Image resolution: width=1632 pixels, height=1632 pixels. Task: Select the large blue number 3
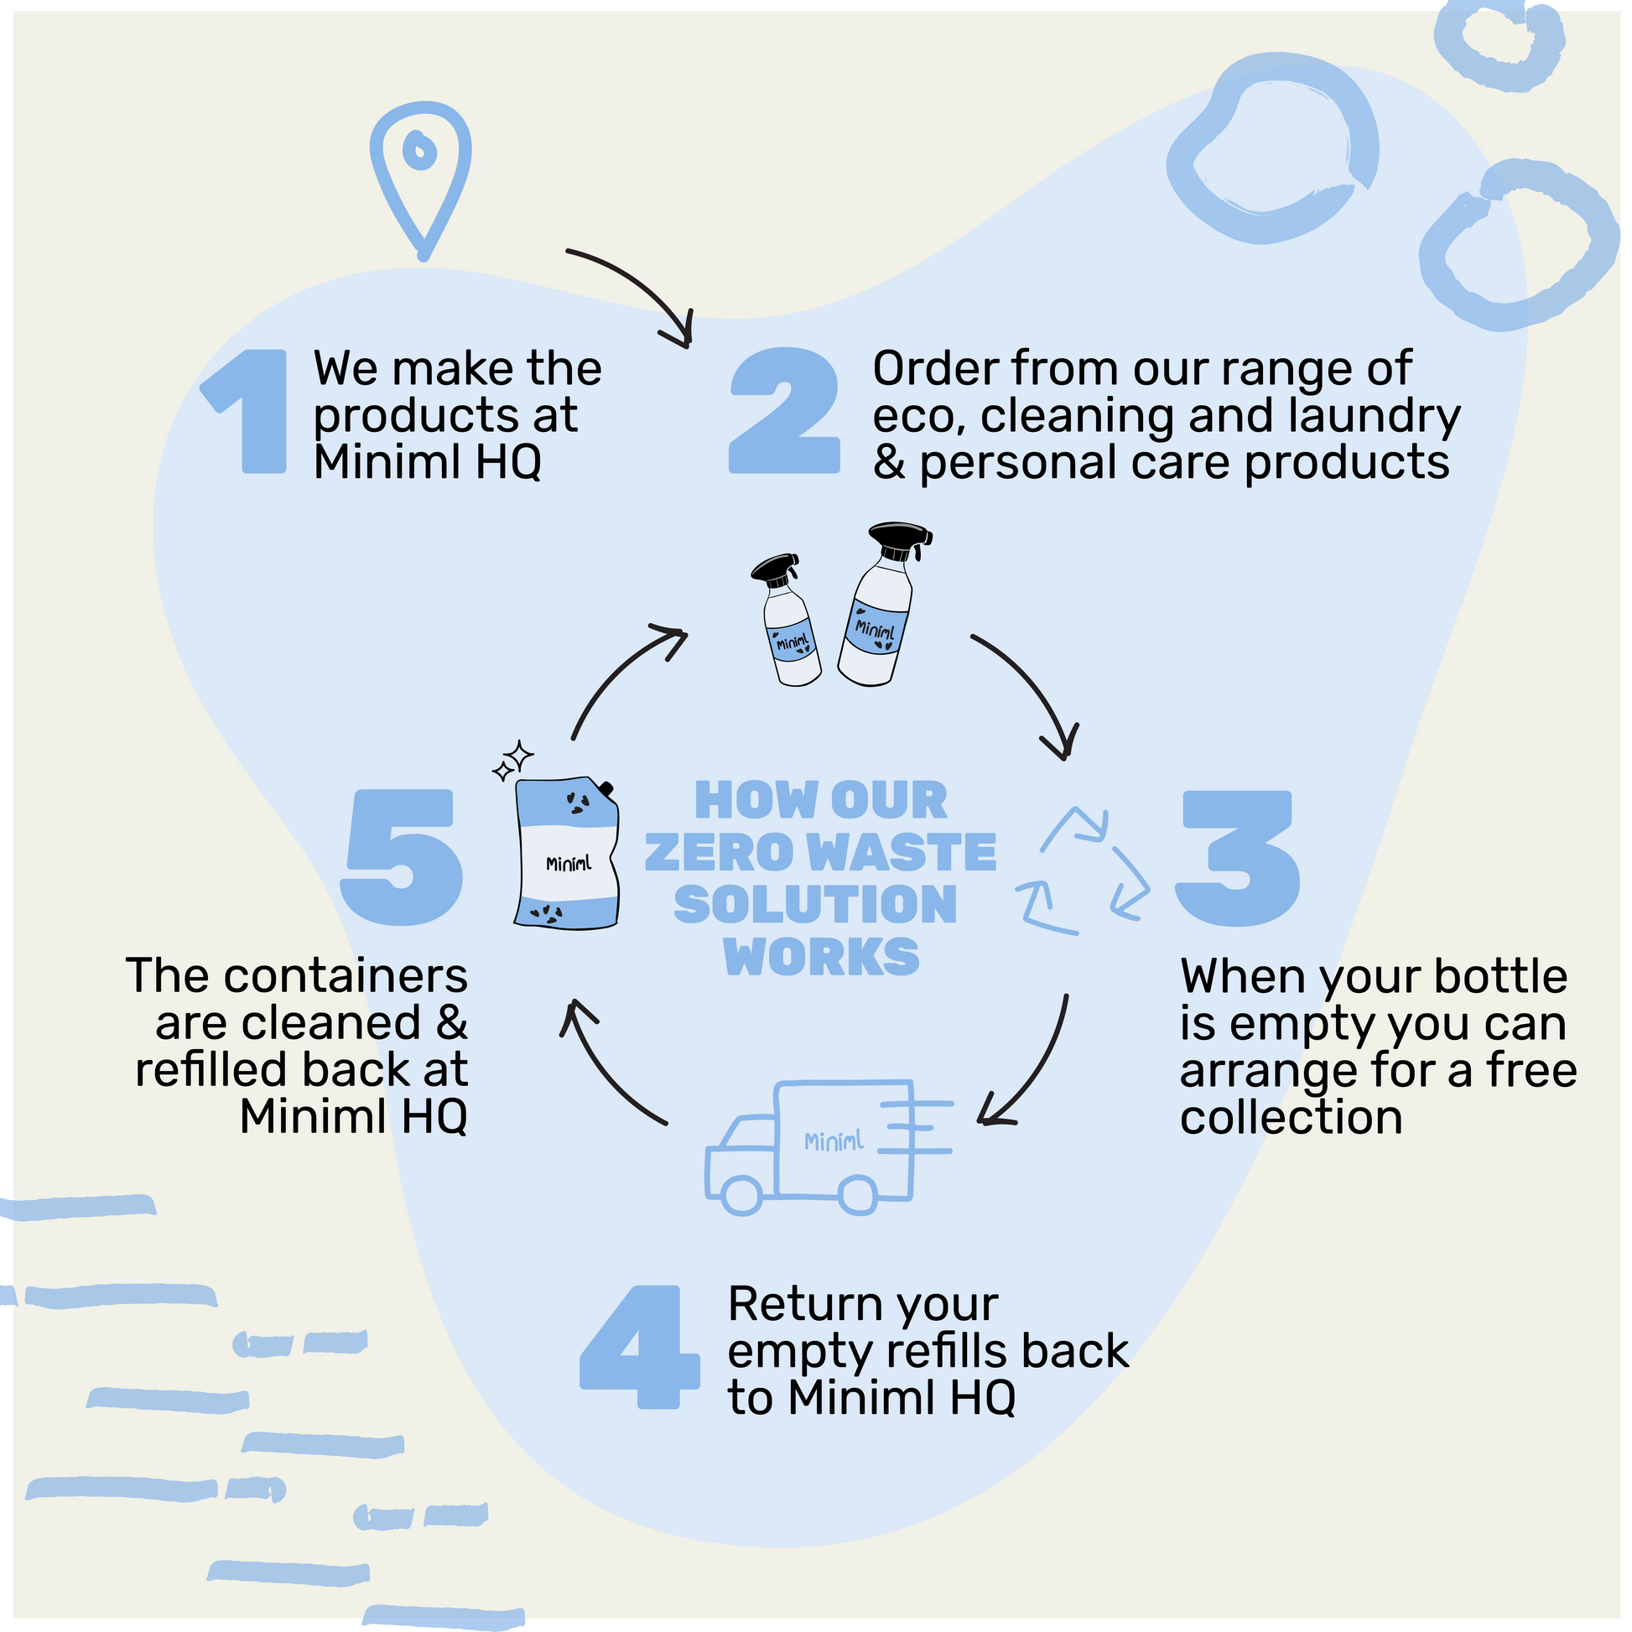(1238, 857)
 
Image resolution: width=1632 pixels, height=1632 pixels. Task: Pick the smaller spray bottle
(787, 621)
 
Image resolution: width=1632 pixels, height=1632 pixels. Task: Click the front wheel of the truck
(742, 1193)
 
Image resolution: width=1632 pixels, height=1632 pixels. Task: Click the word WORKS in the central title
(821, 957)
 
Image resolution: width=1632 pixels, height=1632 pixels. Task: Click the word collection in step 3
(1291, 1118)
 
